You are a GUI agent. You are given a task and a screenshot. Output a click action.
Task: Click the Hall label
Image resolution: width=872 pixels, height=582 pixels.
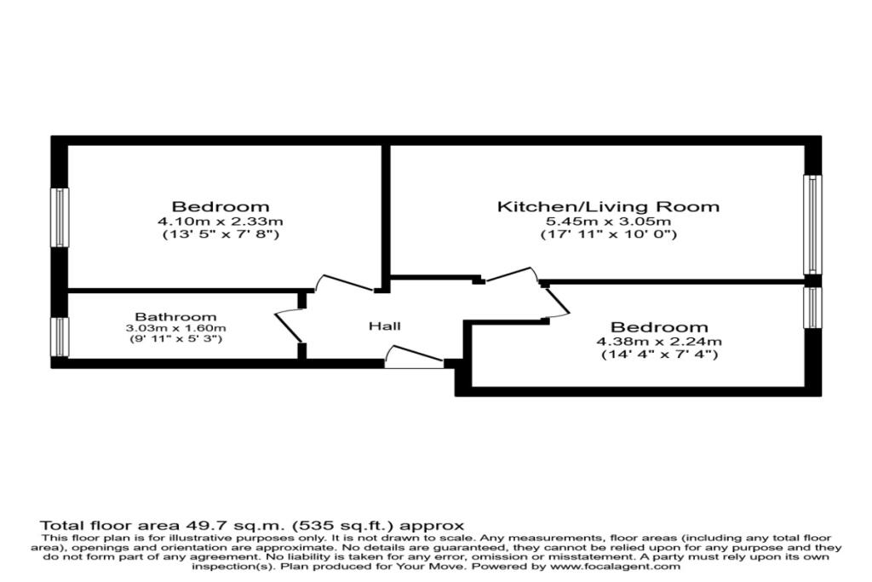384,326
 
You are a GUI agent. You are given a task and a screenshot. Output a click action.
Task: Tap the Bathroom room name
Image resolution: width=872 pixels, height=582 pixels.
175,317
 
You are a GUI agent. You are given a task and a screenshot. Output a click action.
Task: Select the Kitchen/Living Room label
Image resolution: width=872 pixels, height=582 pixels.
608,206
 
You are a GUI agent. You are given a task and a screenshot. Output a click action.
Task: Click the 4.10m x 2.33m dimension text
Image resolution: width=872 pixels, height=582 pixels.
221,221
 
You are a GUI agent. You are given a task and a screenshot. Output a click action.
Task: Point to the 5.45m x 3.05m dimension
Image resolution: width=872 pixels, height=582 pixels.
608,221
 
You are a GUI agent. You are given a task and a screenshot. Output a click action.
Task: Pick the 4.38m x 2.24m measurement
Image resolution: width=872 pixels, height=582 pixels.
659,341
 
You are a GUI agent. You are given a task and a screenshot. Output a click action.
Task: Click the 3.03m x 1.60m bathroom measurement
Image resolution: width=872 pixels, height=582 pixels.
175,328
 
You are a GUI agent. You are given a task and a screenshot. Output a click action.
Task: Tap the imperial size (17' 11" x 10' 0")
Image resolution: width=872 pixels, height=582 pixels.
608,234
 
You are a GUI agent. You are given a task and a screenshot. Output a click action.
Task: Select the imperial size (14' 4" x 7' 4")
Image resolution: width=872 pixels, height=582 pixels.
659,354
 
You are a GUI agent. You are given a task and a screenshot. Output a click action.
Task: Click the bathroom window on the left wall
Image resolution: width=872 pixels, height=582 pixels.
60,337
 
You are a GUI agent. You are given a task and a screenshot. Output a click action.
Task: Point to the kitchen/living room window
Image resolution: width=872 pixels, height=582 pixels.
812,225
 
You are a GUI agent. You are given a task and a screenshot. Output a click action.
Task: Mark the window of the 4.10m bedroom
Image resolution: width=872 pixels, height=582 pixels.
60,217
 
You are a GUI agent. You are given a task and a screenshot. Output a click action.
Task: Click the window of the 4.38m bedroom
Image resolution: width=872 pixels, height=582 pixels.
812,308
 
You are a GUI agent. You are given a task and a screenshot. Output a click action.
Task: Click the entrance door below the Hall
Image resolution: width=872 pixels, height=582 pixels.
415,357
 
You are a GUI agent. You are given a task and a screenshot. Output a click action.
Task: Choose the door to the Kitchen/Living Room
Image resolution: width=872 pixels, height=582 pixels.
510,275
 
